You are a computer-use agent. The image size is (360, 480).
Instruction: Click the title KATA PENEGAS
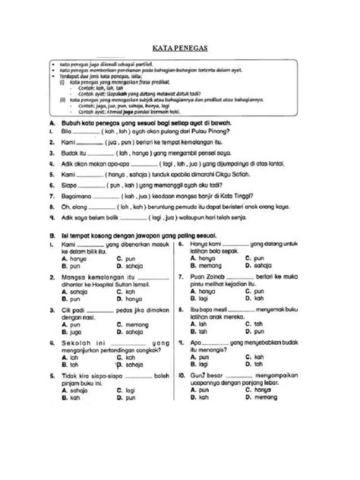click(x=180, y=47)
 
